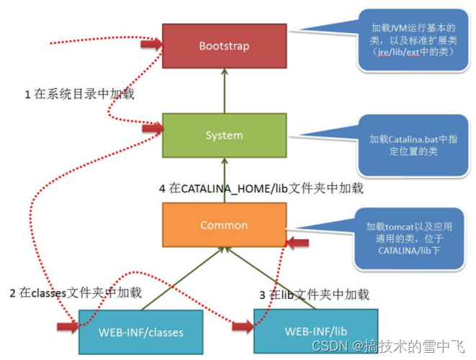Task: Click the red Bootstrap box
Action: (x=225, y=46)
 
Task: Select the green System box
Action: (x=225, y=135)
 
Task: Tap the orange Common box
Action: (x=225, y=225)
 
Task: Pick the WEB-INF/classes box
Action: (x=141, y=332)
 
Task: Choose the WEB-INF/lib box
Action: (x=315, y=331)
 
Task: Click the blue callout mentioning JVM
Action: (x=413, y=40)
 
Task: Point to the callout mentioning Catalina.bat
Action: (x=413, y=145)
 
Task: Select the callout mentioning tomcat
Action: (x=409, y=238)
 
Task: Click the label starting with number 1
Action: (x=79, y=94)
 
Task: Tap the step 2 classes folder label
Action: (x=76, y=293)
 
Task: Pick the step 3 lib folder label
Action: (x=315, y=294)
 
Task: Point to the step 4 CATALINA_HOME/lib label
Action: (x=261, y=189)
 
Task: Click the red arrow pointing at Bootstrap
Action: (x=151, y=45)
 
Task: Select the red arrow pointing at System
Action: (x=153, y=128)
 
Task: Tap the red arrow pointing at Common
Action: (x=298, y=243)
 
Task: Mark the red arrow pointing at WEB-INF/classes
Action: (x=68, y=327)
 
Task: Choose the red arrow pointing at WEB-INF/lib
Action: (x=243, y=327)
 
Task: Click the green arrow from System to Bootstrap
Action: (x=225, y=91)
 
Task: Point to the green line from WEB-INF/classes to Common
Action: (x=183, y=279)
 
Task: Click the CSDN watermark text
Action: (x=388, y=346)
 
